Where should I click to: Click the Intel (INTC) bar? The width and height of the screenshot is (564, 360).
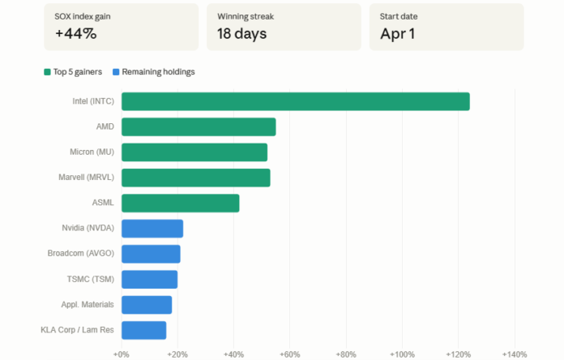pyautogui.click(x=295, y=101)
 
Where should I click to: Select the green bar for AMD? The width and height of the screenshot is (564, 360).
pyautogui.click(x=199, y=126)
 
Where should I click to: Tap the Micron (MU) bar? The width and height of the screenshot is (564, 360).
pyautogui.click(x=194, y=152)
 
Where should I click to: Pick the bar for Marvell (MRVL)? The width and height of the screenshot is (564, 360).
pyautogui.click(x=195, y=178)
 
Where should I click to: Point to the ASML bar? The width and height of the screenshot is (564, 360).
pyautogui.click(x=180, y=203)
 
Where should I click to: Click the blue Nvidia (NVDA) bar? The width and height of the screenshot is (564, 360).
pyautogui.click(x=152, y=229)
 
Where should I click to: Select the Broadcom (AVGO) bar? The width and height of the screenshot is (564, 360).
pyautogui.click(x=151, y=254)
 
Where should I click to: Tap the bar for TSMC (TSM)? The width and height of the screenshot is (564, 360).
pyautogui.click(x=149, y=279)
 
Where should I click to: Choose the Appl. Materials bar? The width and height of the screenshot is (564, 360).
pyautogui.click(x=147, y=305)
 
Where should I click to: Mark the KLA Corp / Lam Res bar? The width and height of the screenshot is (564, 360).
pyautogui.click(x=143, y=330)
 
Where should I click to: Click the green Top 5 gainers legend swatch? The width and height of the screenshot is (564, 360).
pyautogui.click(x=48, y=72)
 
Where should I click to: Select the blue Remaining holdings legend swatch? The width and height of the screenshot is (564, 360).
pyautogui.click(x=116, y=72)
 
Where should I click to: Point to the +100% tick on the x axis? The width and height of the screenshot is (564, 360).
pyautogui.click(x=402, y=354)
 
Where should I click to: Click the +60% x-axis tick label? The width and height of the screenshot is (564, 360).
pyautogui.click(x=290, y=354)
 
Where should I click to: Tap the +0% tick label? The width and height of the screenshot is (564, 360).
pyautogui.click(x=122, y=354)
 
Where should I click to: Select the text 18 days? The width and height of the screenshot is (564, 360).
pyautogui.click(x=241, y=34)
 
